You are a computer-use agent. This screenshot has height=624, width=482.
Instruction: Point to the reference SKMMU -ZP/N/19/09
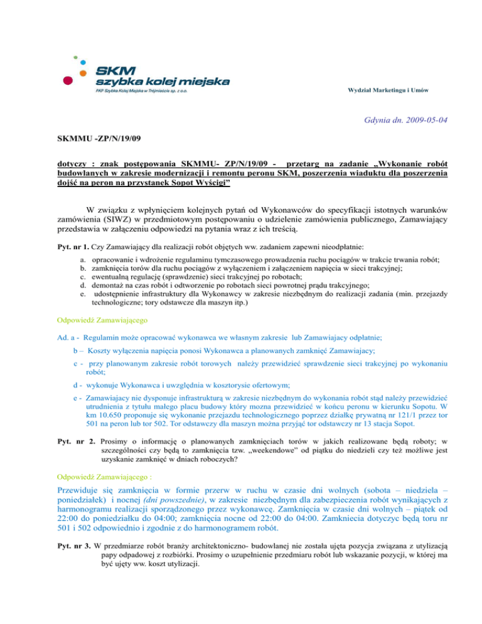91,136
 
